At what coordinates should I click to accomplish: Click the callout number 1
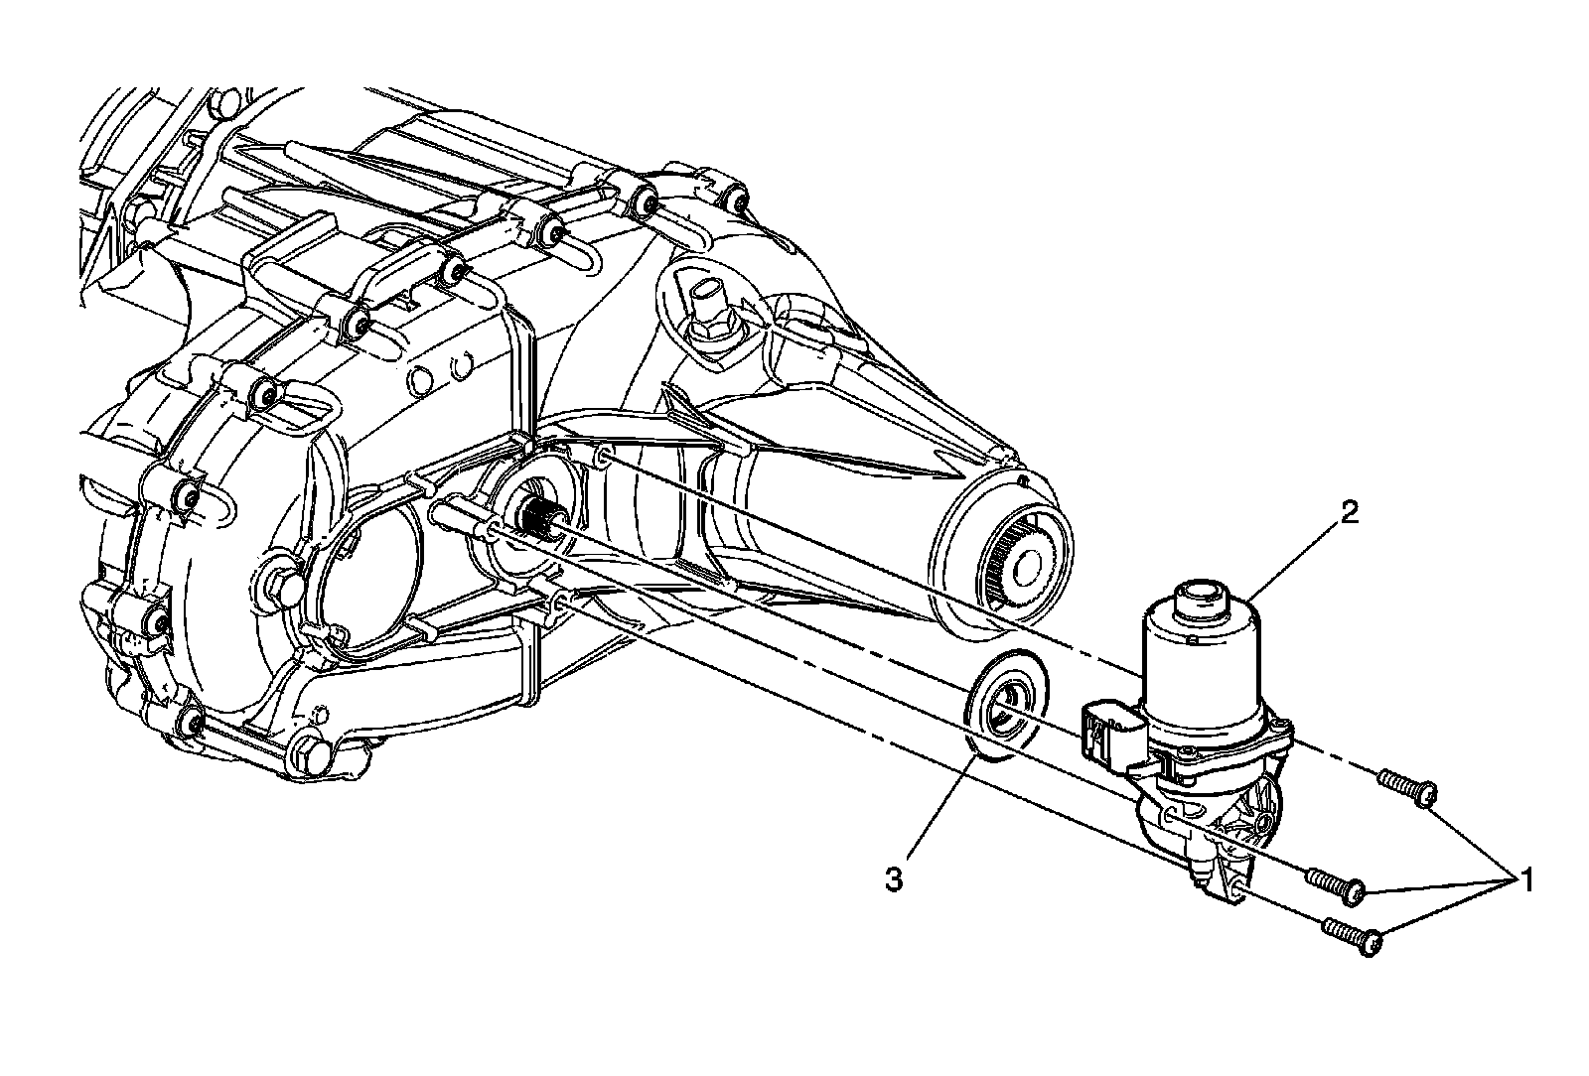point(1526,877)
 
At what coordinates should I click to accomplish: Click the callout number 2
point(1350,513)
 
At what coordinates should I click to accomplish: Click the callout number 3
point(894,879)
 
